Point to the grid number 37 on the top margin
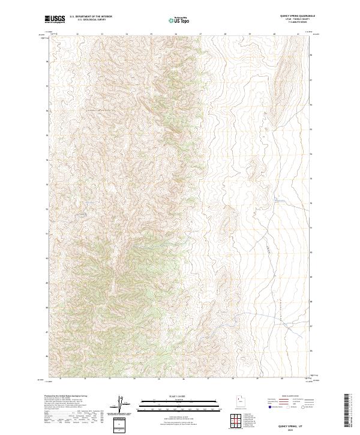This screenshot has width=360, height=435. pos(200,34)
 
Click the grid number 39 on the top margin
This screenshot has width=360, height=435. pos(250,34)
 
